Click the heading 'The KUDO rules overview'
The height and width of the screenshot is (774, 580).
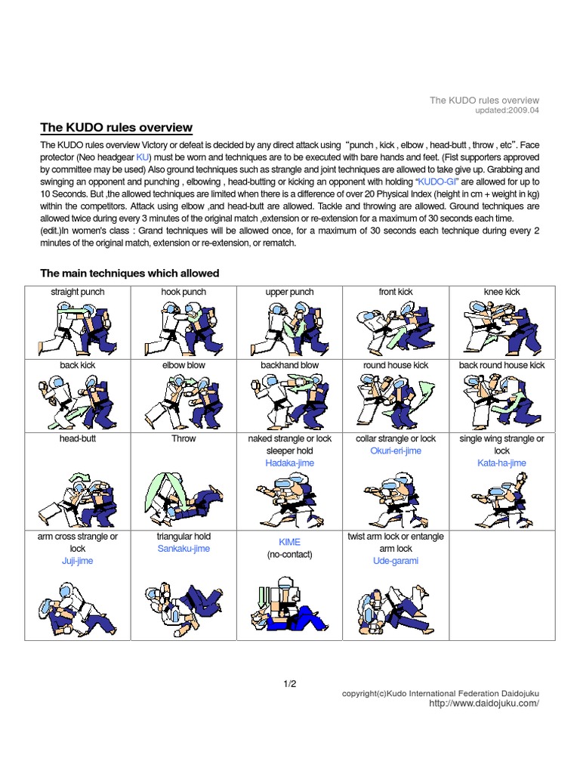point(116,128)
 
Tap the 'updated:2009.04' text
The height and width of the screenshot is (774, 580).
point(507,110)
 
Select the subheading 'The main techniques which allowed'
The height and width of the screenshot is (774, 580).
point(129,274)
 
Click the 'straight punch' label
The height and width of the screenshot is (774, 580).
point(78,292)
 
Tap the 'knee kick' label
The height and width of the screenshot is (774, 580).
point(501,292)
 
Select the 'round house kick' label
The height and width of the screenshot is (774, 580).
point(396,365)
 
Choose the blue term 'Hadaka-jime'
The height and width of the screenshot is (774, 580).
point(289,463)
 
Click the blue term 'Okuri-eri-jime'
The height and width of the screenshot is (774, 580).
point(396,450)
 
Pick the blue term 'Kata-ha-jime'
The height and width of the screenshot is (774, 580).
point(501,463)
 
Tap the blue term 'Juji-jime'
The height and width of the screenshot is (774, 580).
point(78,561)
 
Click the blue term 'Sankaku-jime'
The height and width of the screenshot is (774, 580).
point(184,549)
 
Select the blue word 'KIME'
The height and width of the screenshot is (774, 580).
point(289,543)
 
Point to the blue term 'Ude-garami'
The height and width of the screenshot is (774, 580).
point(396,561)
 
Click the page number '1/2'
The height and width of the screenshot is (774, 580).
point(290,684)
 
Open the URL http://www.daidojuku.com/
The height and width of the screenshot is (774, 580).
point(483,703)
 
